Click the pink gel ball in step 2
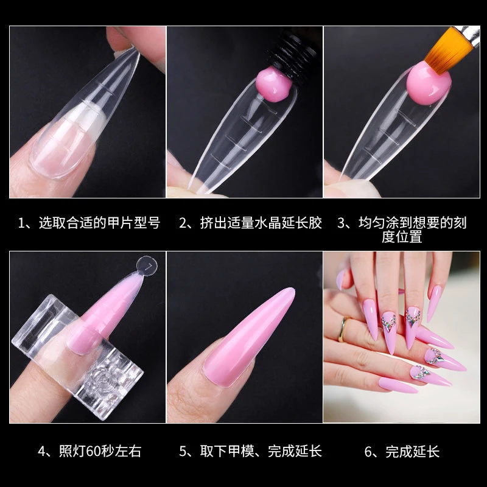pos(274,85)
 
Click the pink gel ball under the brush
pos(429,85)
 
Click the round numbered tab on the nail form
pos(147,266)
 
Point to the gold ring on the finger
pos(343,329)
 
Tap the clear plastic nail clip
pos(78,357)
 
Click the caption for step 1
pos(89,223)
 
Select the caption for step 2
pos(250,223)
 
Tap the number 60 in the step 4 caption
pos(93,452)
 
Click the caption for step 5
pos(250,451)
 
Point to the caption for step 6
pos(402,451)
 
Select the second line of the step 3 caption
pos(402,237)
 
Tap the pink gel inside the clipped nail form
pos(105,314)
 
